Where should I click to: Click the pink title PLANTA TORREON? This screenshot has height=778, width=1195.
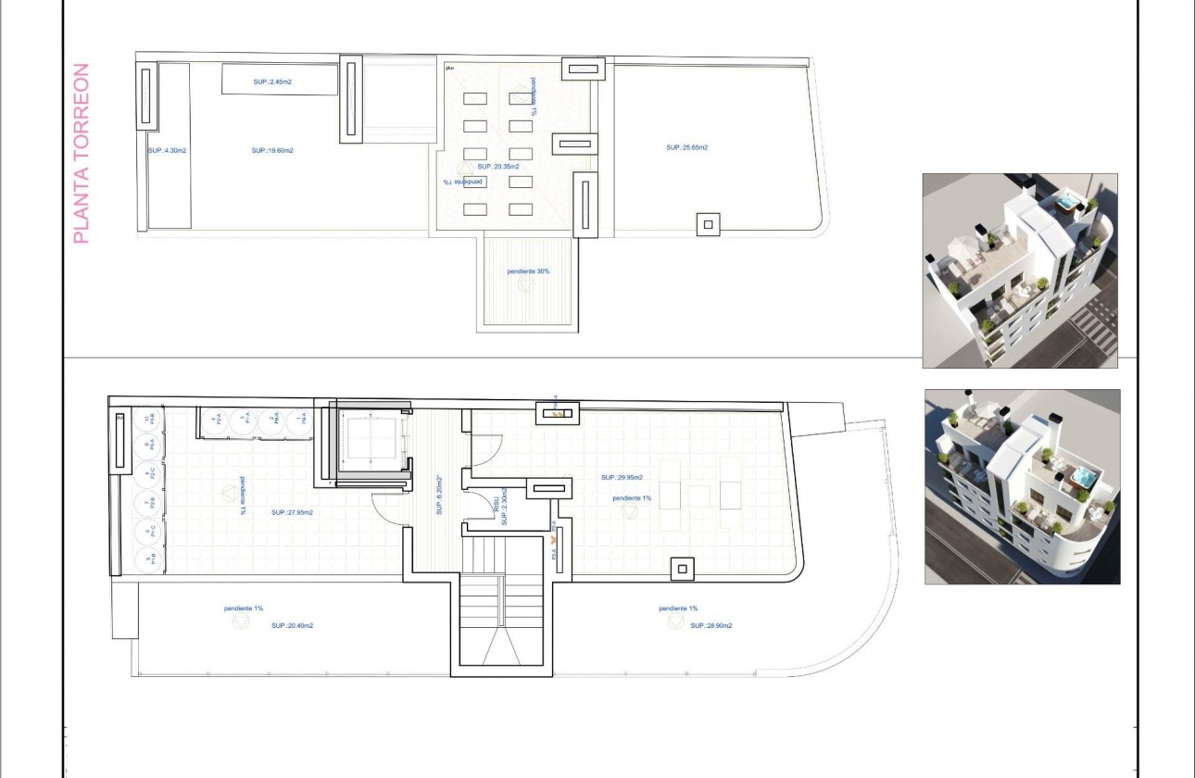tap(82, 154)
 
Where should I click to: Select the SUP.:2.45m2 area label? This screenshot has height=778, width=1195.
tap(272, 82)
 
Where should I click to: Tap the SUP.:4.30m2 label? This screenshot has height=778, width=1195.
tap(168, 150)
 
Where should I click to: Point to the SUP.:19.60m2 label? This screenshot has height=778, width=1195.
tap(272, 150)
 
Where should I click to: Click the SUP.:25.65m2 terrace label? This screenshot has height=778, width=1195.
tap(686, 147)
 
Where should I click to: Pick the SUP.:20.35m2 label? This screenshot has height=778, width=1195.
tap(497, 167)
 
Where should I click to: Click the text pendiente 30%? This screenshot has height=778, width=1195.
tap(529, 271)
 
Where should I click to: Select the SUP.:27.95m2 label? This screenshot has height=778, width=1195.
tap(292, 512)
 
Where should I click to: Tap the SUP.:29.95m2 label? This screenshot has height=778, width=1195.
tap(622, 478)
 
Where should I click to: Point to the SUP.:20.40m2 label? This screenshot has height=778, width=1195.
tap(292, 626)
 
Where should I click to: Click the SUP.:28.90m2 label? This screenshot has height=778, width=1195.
tap(711, 626)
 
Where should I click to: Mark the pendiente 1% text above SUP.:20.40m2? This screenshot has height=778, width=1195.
tap(244, 609)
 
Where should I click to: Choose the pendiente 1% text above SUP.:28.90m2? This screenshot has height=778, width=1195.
tap(678, 609)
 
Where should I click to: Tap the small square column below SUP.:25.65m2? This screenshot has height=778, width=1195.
tap(708, 223)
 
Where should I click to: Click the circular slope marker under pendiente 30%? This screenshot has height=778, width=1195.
tap(526, 285)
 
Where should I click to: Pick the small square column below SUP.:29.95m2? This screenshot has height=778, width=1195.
tap(682, 569)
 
